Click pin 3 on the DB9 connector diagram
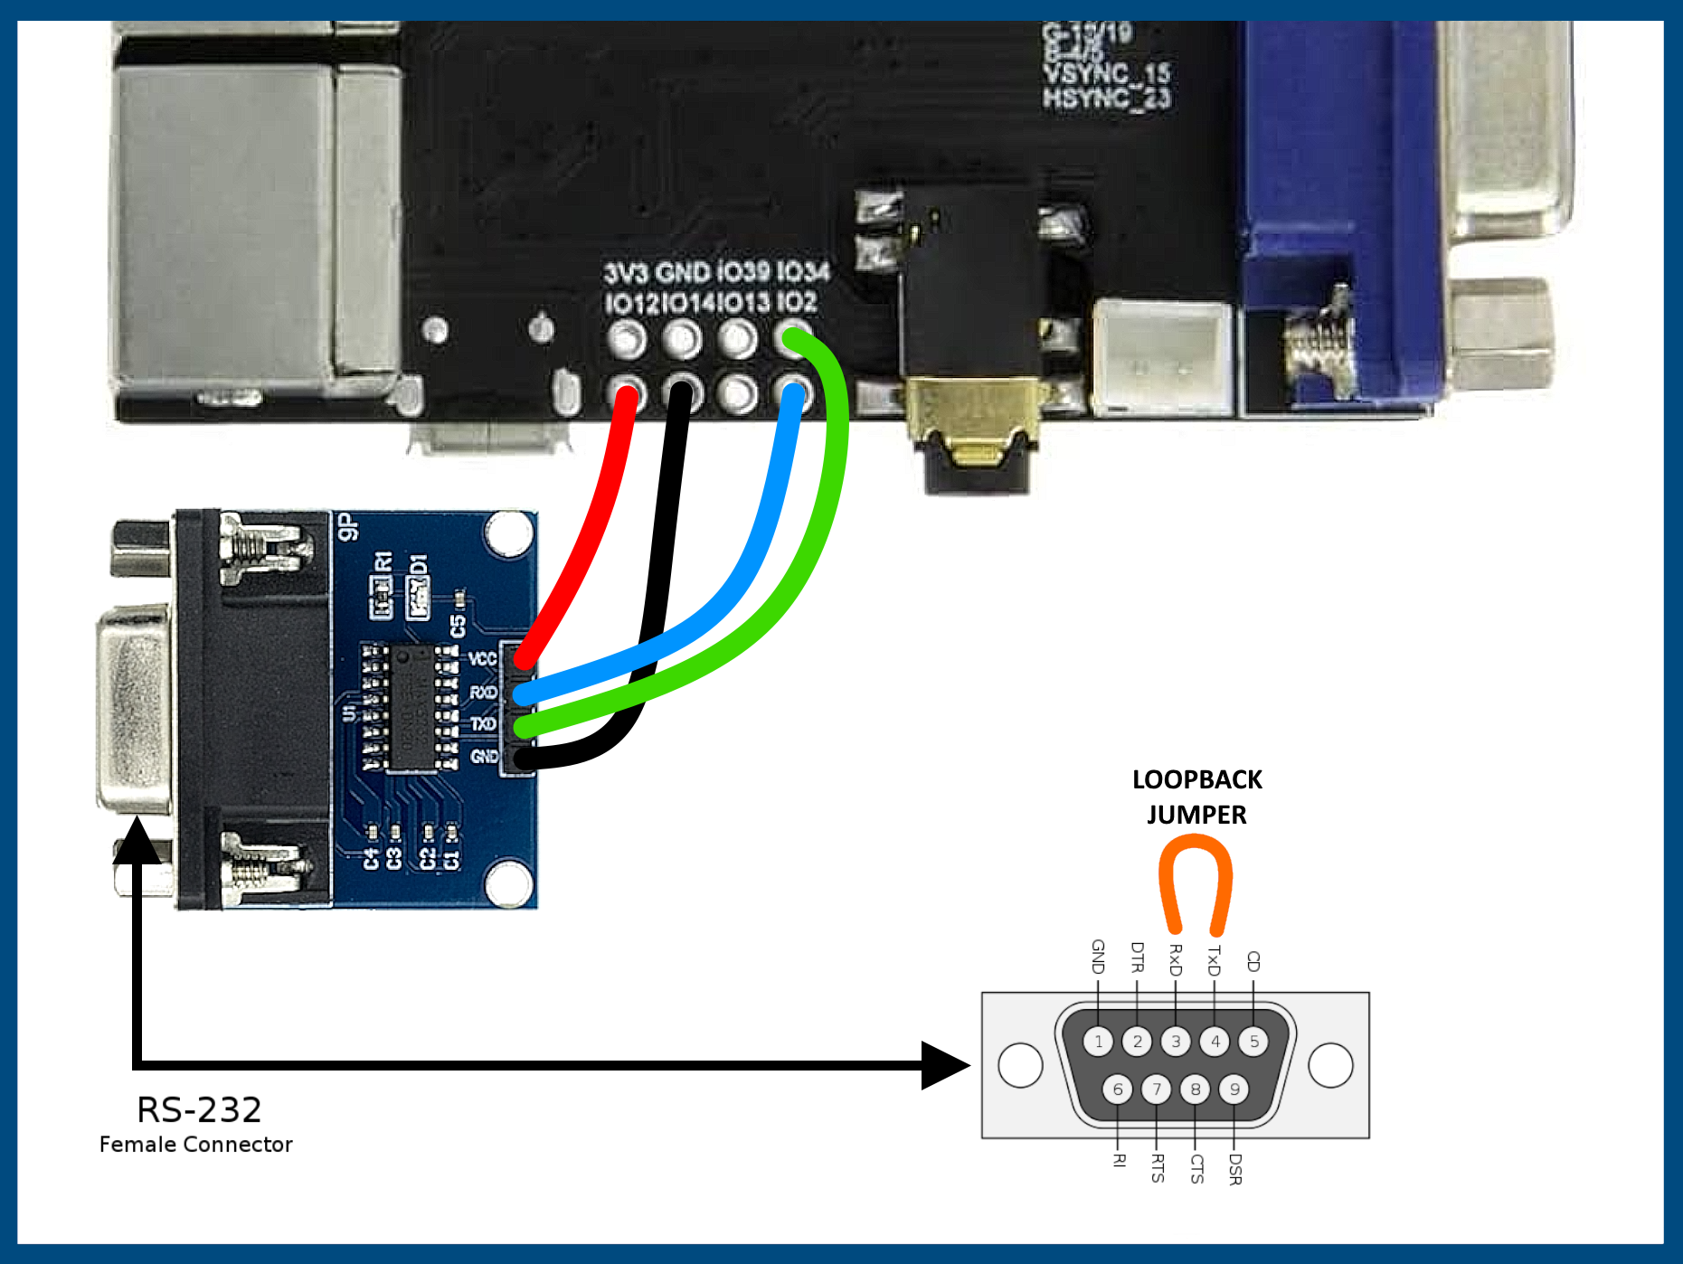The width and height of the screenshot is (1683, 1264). [1176, 1042]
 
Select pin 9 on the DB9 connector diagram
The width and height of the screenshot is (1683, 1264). [1234, 1089]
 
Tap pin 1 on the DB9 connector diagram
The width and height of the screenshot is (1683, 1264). [1098, 1042]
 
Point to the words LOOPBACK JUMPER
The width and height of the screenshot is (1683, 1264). [1196, 797]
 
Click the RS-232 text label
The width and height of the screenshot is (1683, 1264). [199, 1109]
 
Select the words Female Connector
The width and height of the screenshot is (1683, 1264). [195, 1145]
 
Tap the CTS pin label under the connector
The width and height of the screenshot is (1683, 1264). [1196, 1168]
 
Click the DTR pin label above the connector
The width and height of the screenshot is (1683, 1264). [1138, 957]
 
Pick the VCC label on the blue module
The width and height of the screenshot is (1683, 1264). [482, 658]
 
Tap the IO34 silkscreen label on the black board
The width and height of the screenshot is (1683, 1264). [802, 271]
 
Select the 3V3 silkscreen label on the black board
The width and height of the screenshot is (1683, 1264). [626, 272]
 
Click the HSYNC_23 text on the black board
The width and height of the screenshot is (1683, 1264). [1106, 98]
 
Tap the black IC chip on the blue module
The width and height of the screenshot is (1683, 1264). [412, 707]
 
